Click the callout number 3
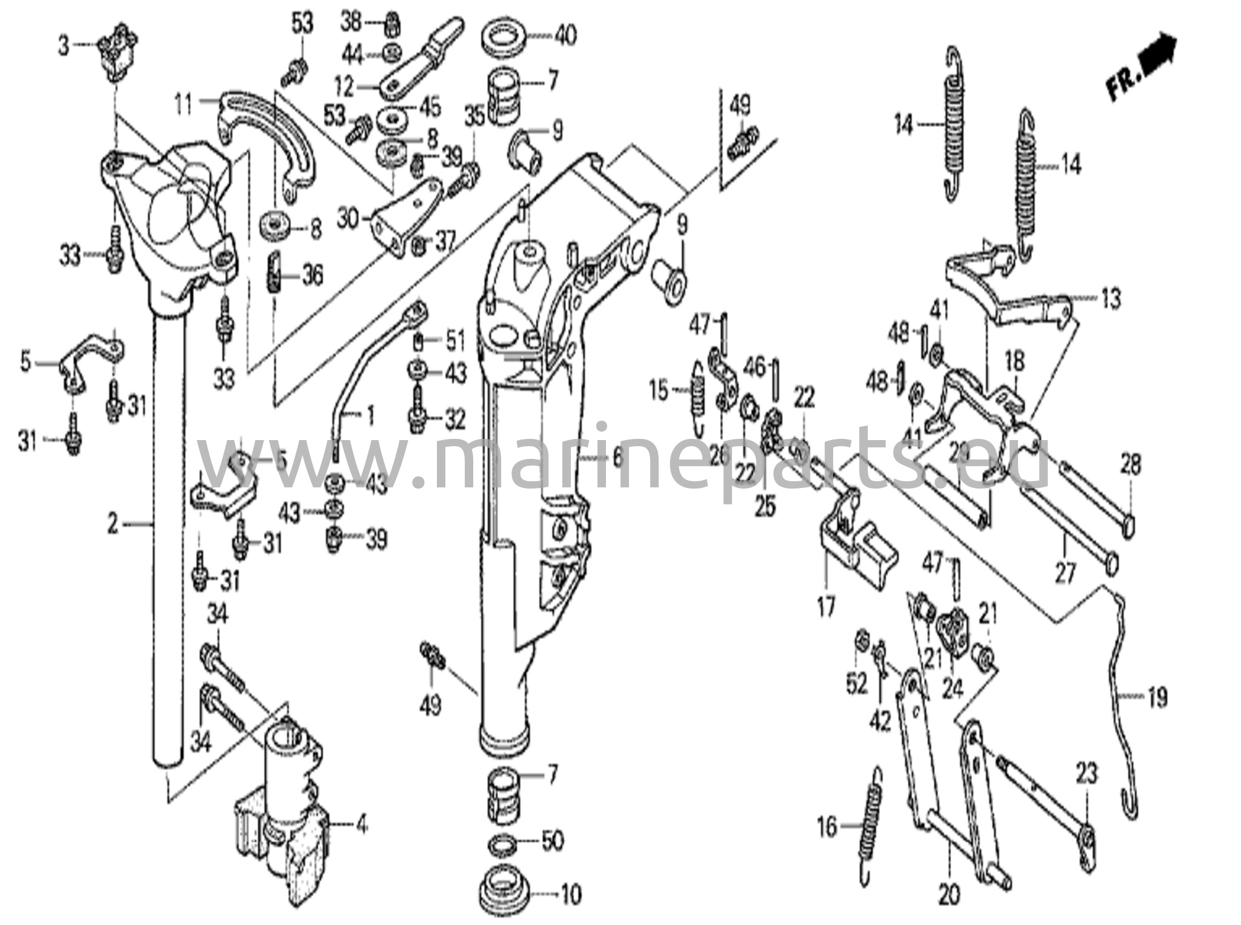(64, 45)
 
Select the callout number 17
(826, 605)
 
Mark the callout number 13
(1111, 299)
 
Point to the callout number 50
(552, 841)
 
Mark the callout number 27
(1065, 572)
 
